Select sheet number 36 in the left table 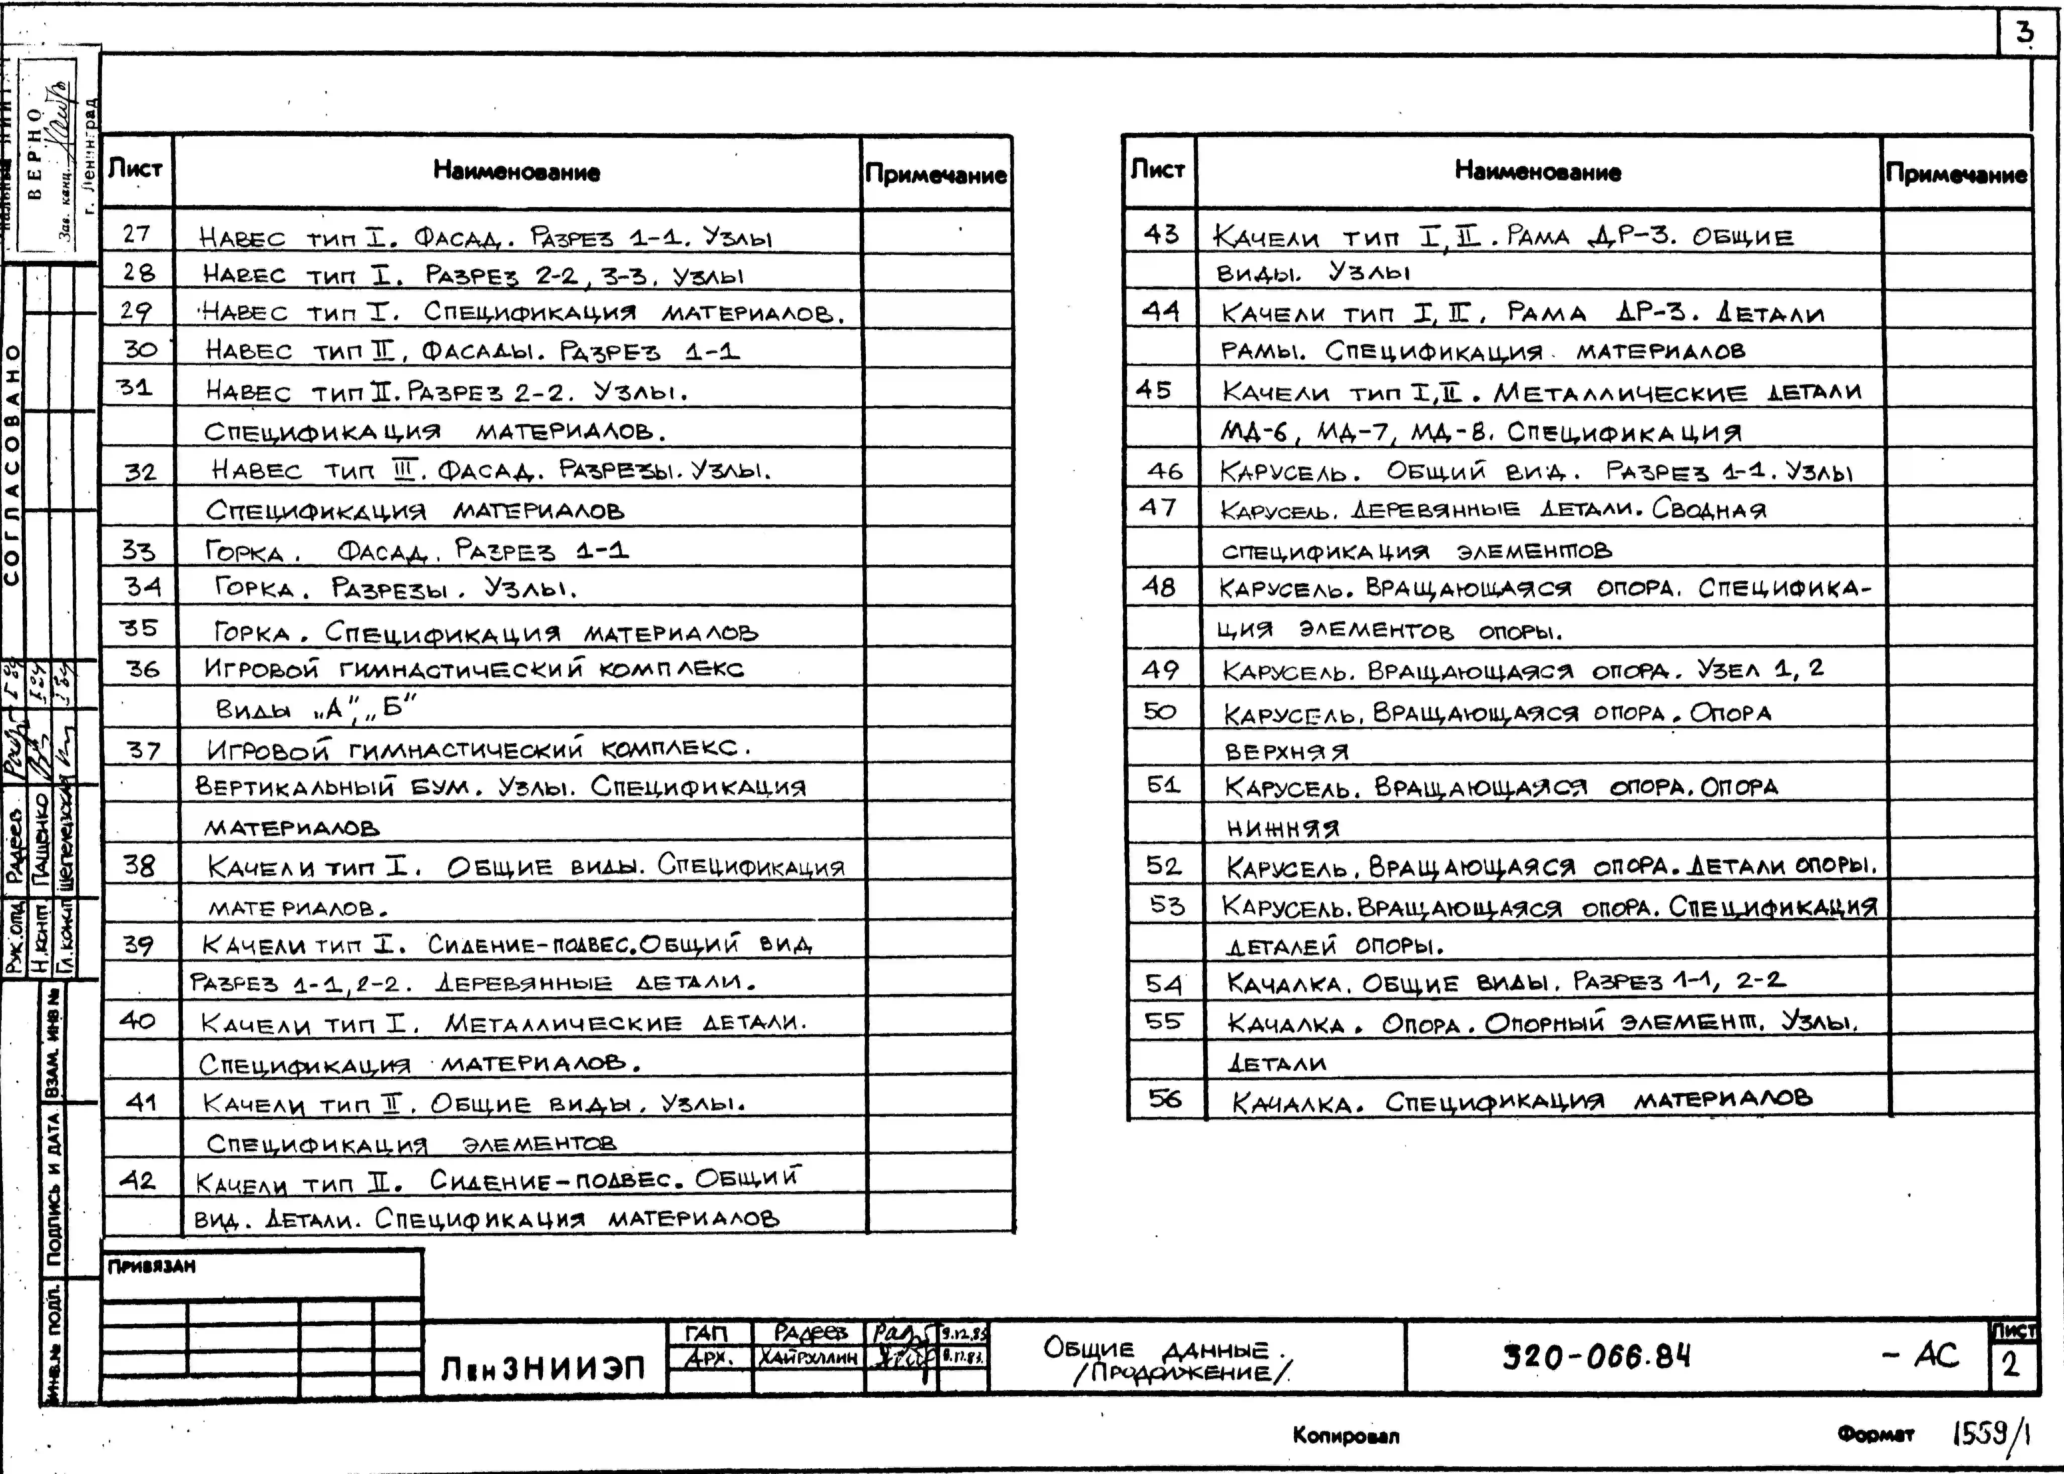142,669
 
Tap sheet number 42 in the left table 138,1180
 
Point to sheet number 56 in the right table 1164,1098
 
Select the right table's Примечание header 1956,174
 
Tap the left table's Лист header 135,169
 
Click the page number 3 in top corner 2023,34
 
